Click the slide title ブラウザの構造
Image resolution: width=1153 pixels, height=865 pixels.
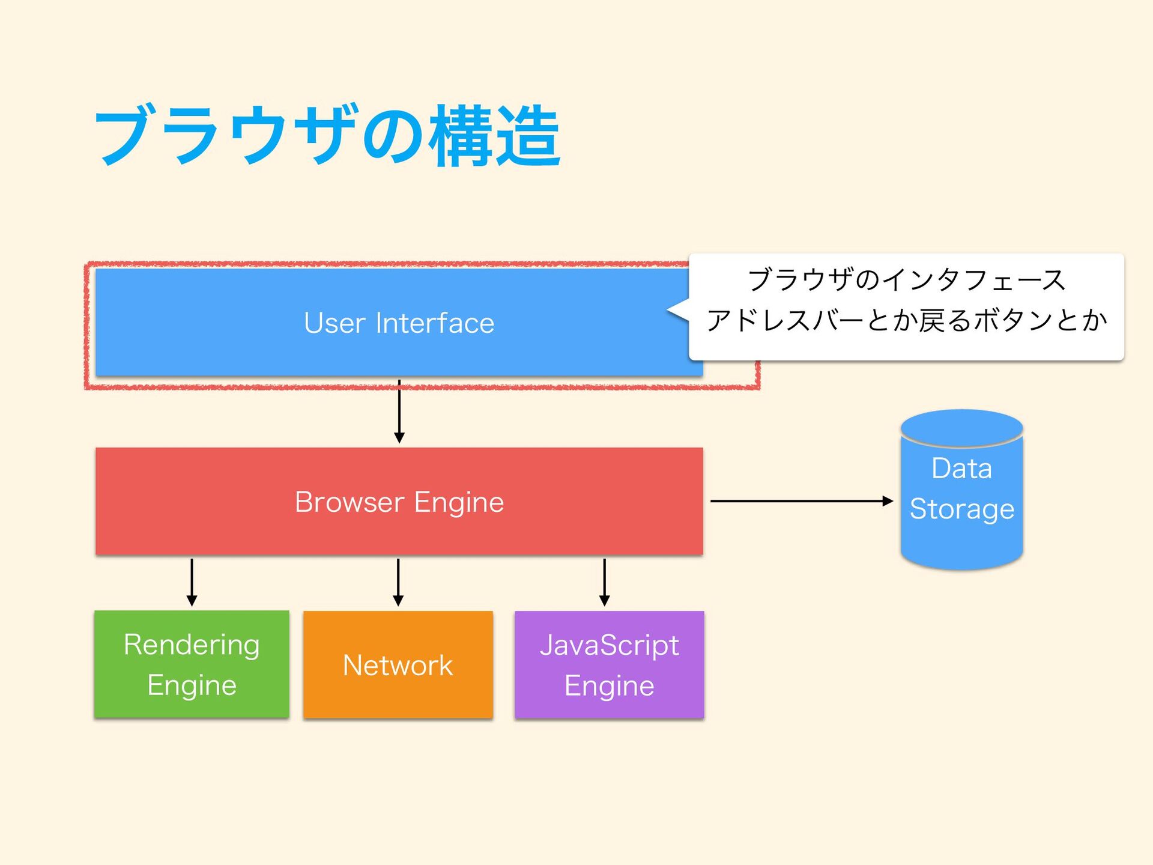click(327, 135)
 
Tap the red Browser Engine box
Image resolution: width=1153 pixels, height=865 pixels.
click(399, 501)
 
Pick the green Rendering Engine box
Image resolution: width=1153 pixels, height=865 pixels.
click(192, 664)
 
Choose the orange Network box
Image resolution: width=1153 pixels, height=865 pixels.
click(398, 664)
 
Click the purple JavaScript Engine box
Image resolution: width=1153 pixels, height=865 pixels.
click(610, 664)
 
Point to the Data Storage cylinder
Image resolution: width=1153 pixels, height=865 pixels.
click(961, 490)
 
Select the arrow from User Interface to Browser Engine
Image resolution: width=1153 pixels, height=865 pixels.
click(399, 411)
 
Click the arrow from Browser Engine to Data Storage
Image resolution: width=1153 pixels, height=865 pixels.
click(802, 500)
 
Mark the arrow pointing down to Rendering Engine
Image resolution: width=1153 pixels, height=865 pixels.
click(192, 582)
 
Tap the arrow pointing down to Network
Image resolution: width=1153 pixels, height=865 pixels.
click(398, 582)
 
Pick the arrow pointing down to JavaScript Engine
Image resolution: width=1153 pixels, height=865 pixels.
click(605, 582)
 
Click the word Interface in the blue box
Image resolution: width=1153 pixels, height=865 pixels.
click(435, 323)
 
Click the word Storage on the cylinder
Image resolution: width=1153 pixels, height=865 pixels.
click(962, 510)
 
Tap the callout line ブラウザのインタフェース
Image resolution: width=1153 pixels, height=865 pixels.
click(907, 280)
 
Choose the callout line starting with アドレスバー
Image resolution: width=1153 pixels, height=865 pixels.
click(907, 320)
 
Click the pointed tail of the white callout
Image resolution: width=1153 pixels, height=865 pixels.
click(668, 310)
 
